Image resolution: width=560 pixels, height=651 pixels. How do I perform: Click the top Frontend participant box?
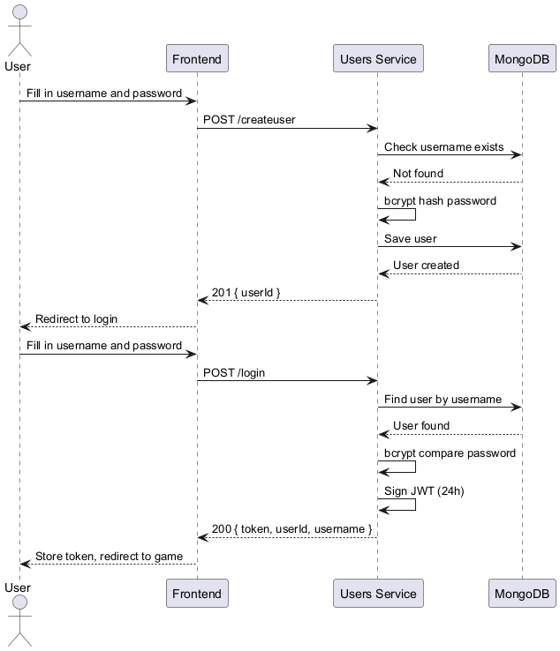[x=197, y=59]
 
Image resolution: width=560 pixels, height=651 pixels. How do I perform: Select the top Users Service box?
[x=378, y=59]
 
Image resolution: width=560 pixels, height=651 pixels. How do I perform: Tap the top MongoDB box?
[x=522, y=59]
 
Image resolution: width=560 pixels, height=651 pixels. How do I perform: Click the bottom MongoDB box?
[x=522, y=594]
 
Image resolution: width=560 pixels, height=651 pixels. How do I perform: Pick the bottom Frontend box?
[x=197, y=594]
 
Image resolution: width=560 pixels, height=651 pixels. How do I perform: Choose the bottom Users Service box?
[x=378, y=594]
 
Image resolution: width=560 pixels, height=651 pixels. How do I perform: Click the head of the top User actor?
[x=19, y=12]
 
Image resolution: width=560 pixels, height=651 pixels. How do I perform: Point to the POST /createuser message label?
[x=246, y=119]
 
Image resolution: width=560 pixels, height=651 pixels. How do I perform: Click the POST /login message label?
[x=234, y=372]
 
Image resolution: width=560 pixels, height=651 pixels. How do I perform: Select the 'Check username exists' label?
[x=443, y=146]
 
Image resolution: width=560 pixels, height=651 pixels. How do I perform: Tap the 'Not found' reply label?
[x=418, y=173]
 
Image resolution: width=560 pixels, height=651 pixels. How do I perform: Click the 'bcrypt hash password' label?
[x=440, y=200]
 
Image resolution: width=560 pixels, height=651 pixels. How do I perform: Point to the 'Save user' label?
[x=410, y=238]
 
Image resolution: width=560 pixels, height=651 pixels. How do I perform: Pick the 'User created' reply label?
[x=426, y=265]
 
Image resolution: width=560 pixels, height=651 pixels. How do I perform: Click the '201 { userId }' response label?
[x=246, y=292]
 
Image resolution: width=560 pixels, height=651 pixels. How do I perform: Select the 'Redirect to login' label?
[x=76, y=318]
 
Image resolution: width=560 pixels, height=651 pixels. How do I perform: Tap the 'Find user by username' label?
[x=443, y=399]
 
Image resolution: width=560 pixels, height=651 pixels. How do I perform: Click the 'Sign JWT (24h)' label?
[x=424, y=490]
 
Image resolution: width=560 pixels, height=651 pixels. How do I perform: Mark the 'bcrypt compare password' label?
[x=450, y=453]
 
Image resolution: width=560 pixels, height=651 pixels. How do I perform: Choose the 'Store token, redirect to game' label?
[x=109, y=556]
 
